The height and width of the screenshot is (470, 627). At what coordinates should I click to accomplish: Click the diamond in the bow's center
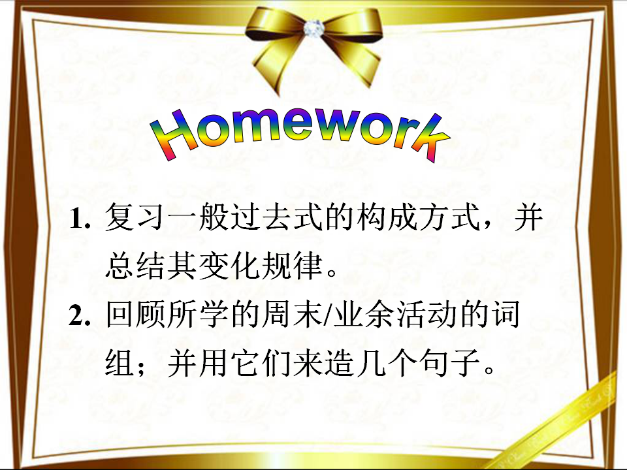(x=312, y=28)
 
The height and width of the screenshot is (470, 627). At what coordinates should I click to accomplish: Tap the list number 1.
(x=80, y=219)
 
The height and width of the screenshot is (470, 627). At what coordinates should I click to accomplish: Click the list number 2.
(x=79, y=316)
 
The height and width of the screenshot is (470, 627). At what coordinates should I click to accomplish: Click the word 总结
(x=135, y=266)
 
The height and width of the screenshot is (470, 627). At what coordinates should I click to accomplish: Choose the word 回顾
(x=135, y=314)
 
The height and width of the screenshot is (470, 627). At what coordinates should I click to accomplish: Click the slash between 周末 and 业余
(x=328, y=315)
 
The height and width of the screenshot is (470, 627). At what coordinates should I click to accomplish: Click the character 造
(x=340, y=363)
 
